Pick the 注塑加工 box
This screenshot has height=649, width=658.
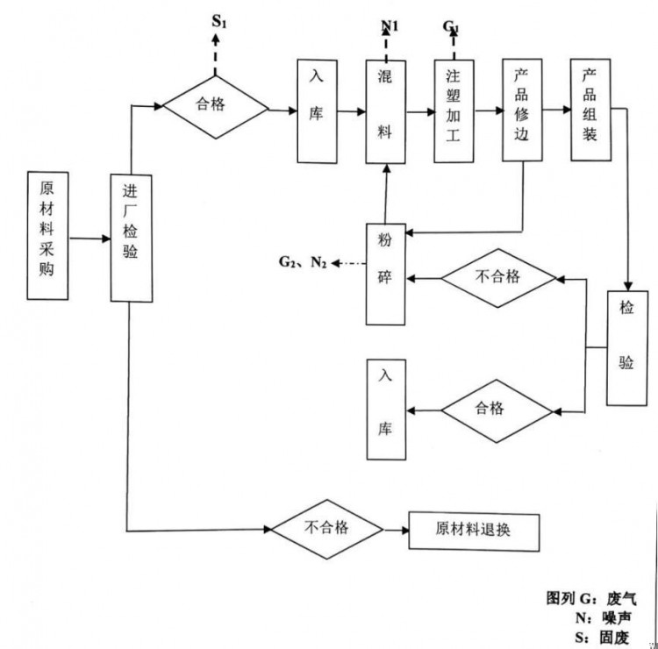454,111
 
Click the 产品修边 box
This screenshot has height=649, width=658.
522,111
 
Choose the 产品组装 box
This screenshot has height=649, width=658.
590,111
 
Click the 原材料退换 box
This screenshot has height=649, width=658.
475,529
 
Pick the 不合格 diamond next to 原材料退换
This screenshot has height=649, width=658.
326,528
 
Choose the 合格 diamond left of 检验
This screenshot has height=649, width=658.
499,409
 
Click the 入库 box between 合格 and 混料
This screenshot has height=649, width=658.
317,111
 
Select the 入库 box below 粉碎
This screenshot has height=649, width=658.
386,410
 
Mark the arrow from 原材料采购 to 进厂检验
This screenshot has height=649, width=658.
89,238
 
